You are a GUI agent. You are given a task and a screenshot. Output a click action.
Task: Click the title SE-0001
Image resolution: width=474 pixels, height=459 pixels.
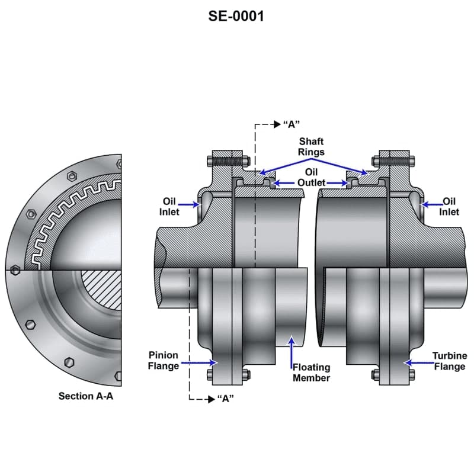click(x=236, y=16)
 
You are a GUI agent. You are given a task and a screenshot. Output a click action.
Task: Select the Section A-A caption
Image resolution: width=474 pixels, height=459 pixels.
click(x=85, y=396)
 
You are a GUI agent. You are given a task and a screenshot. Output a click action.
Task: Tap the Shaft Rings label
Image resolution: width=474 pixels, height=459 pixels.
click(x=311, y=146)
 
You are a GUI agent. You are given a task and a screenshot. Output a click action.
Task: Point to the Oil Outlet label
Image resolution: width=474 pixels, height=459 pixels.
click(x=311, y=177)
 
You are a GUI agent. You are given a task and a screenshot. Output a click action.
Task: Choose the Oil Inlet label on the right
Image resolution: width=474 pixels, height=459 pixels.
click(x=449, y=206)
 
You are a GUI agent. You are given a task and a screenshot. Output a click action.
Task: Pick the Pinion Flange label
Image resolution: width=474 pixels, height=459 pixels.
click(x=163, y=360)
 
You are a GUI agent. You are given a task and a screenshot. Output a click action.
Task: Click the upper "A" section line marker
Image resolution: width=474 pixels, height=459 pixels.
click(x=291, y=124)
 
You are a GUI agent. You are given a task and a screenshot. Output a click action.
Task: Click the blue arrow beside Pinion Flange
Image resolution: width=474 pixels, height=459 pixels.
click(x=200, y=361)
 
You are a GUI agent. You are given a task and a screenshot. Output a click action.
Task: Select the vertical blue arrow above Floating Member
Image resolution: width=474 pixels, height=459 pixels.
click(x=291, y=349)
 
